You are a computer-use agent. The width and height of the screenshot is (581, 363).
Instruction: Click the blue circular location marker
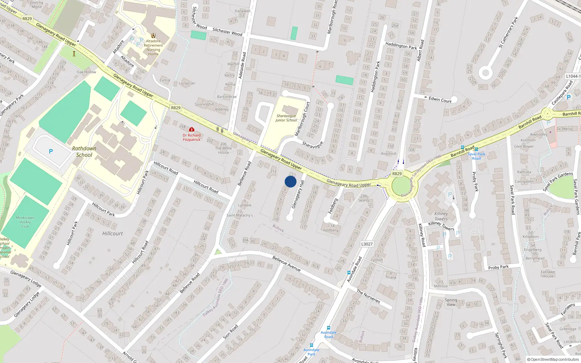click(290, 181)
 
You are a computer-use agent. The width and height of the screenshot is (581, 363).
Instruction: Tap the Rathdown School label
click(84, 152)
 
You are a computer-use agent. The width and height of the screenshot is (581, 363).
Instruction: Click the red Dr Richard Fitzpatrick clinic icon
click(192, 129)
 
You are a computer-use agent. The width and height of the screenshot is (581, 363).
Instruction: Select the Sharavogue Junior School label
click(286, 118)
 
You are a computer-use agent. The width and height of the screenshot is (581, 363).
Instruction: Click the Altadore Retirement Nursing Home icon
click(153, 36)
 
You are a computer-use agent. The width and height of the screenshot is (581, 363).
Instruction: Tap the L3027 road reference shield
click(367, 244)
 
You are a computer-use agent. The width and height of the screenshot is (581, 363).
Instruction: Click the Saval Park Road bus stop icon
click(476, 149)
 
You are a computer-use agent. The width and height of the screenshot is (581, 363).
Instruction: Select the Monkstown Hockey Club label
click(25, 222)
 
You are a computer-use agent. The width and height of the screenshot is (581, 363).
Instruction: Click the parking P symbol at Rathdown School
click(51, 151)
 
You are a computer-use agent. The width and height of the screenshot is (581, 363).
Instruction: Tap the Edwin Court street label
click(440, 99)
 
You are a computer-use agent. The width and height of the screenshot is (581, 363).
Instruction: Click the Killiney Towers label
click(441, 216)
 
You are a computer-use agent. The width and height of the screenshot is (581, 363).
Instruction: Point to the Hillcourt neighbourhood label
click(113, 233)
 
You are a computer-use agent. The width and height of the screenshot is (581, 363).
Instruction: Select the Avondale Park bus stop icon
click(311, 345)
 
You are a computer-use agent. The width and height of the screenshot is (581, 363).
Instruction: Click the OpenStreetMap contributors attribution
click(553, 359)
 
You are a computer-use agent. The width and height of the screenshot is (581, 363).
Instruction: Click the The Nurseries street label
click(368, 296)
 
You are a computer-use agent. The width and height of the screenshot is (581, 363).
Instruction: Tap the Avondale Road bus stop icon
click(329, 328)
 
